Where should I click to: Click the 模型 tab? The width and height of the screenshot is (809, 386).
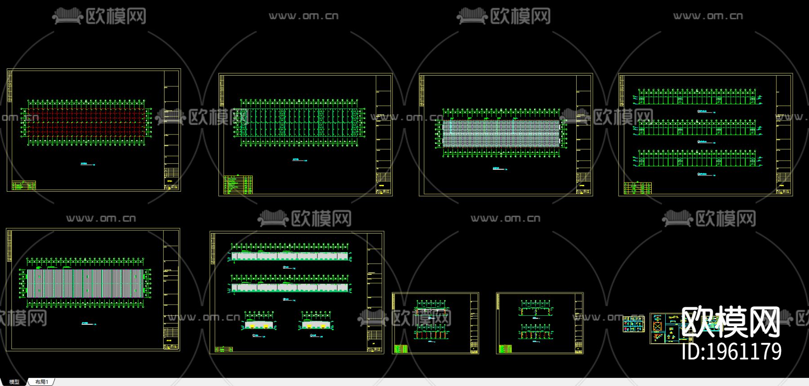pos(14,382)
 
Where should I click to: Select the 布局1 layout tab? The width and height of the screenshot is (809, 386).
pos(41,382)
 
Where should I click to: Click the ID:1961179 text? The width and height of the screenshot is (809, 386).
pos(731,351)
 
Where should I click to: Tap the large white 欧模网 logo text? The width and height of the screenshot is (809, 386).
pos(730,322)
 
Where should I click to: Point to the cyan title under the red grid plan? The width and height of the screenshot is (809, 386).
pos(85,164)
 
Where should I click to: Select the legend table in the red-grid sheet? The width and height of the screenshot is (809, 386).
pos(24,185)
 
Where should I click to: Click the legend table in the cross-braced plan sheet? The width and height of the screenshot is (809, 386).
pos(238,184)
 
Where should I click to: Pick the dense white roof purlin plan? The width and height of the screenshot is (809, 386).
pos(501,133)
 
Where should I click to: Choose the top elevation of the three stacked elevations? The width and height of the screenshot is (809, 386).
pos(697,97)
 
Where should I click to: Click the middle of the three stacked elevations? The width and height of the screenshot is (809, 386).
pos(697,128)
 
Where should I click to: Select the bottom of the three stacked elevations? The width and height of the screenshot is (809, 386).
pos(697,159)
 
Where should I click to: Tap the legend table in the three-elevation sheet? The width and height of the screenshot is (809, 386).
pos(638,188)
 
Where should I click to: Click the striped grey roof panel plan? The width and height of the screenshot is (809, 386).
pos(85,283)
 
